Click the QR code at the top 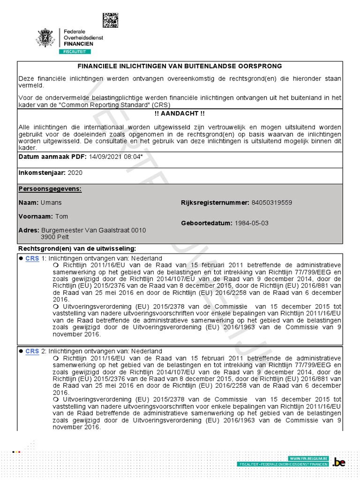click(111, 21)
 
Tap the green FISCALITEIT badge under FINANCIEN click(75, 51)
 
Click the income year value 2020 click(75, 172)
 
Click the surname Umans click(51, 202)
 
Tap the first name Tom click(62, 217)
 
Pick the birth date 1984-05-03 click(251, 223)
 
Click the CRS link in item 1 click(32, 258)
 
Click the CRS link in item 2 click(32, 351)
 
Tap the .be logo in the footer click(338, 463)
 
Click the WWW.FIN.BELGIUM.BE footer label click(308, 457)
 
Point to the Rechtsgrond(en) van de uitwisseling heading click(77, 248)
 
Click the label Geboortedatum click(206, 223)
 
